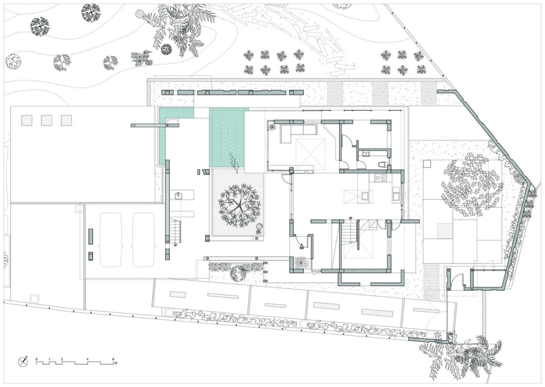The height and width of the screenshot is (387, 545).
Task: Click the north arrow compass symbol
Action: (x=23, y=361)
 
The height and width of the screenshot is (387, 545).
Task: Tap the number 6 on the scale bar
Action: (x=113, y=359)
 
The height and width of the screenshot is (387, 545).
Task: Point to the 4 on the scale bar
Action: (x=88, y=359)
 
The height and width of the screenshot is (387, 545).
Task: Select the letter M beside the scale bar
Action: (x=115, y=364)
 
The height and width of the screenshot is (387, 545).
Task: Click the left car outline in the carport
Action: (x=111, y=240)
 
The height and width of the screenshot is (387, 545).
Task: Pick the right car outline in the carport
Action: (x=143, y=240)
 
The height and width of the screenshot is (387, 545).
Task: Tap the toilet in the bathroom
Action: (x=382, y=164)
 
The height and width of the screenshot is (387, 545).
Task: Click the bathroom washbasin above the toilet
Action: (x=366, y=153)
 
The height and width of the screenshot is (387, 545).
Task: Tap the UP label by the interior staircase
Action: (x=351, y=218)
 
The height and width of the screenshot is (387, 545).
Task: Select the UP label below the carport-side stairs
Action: (x=175, y=246)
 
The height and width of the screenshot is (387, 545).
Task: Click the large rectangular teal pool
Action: (x=227, y=138)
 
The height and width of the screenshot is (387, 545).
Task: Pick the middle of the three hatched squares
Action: (x=47, y=121)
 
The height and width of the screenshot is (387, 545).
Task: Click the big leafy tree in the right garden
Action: (x=472, y=187)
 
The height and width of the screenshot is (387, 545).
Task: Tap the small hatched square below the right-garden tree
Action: (x=443, y=231)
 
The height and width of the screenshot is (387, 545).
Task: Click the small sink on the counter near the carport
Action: (x=178, y=196)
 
